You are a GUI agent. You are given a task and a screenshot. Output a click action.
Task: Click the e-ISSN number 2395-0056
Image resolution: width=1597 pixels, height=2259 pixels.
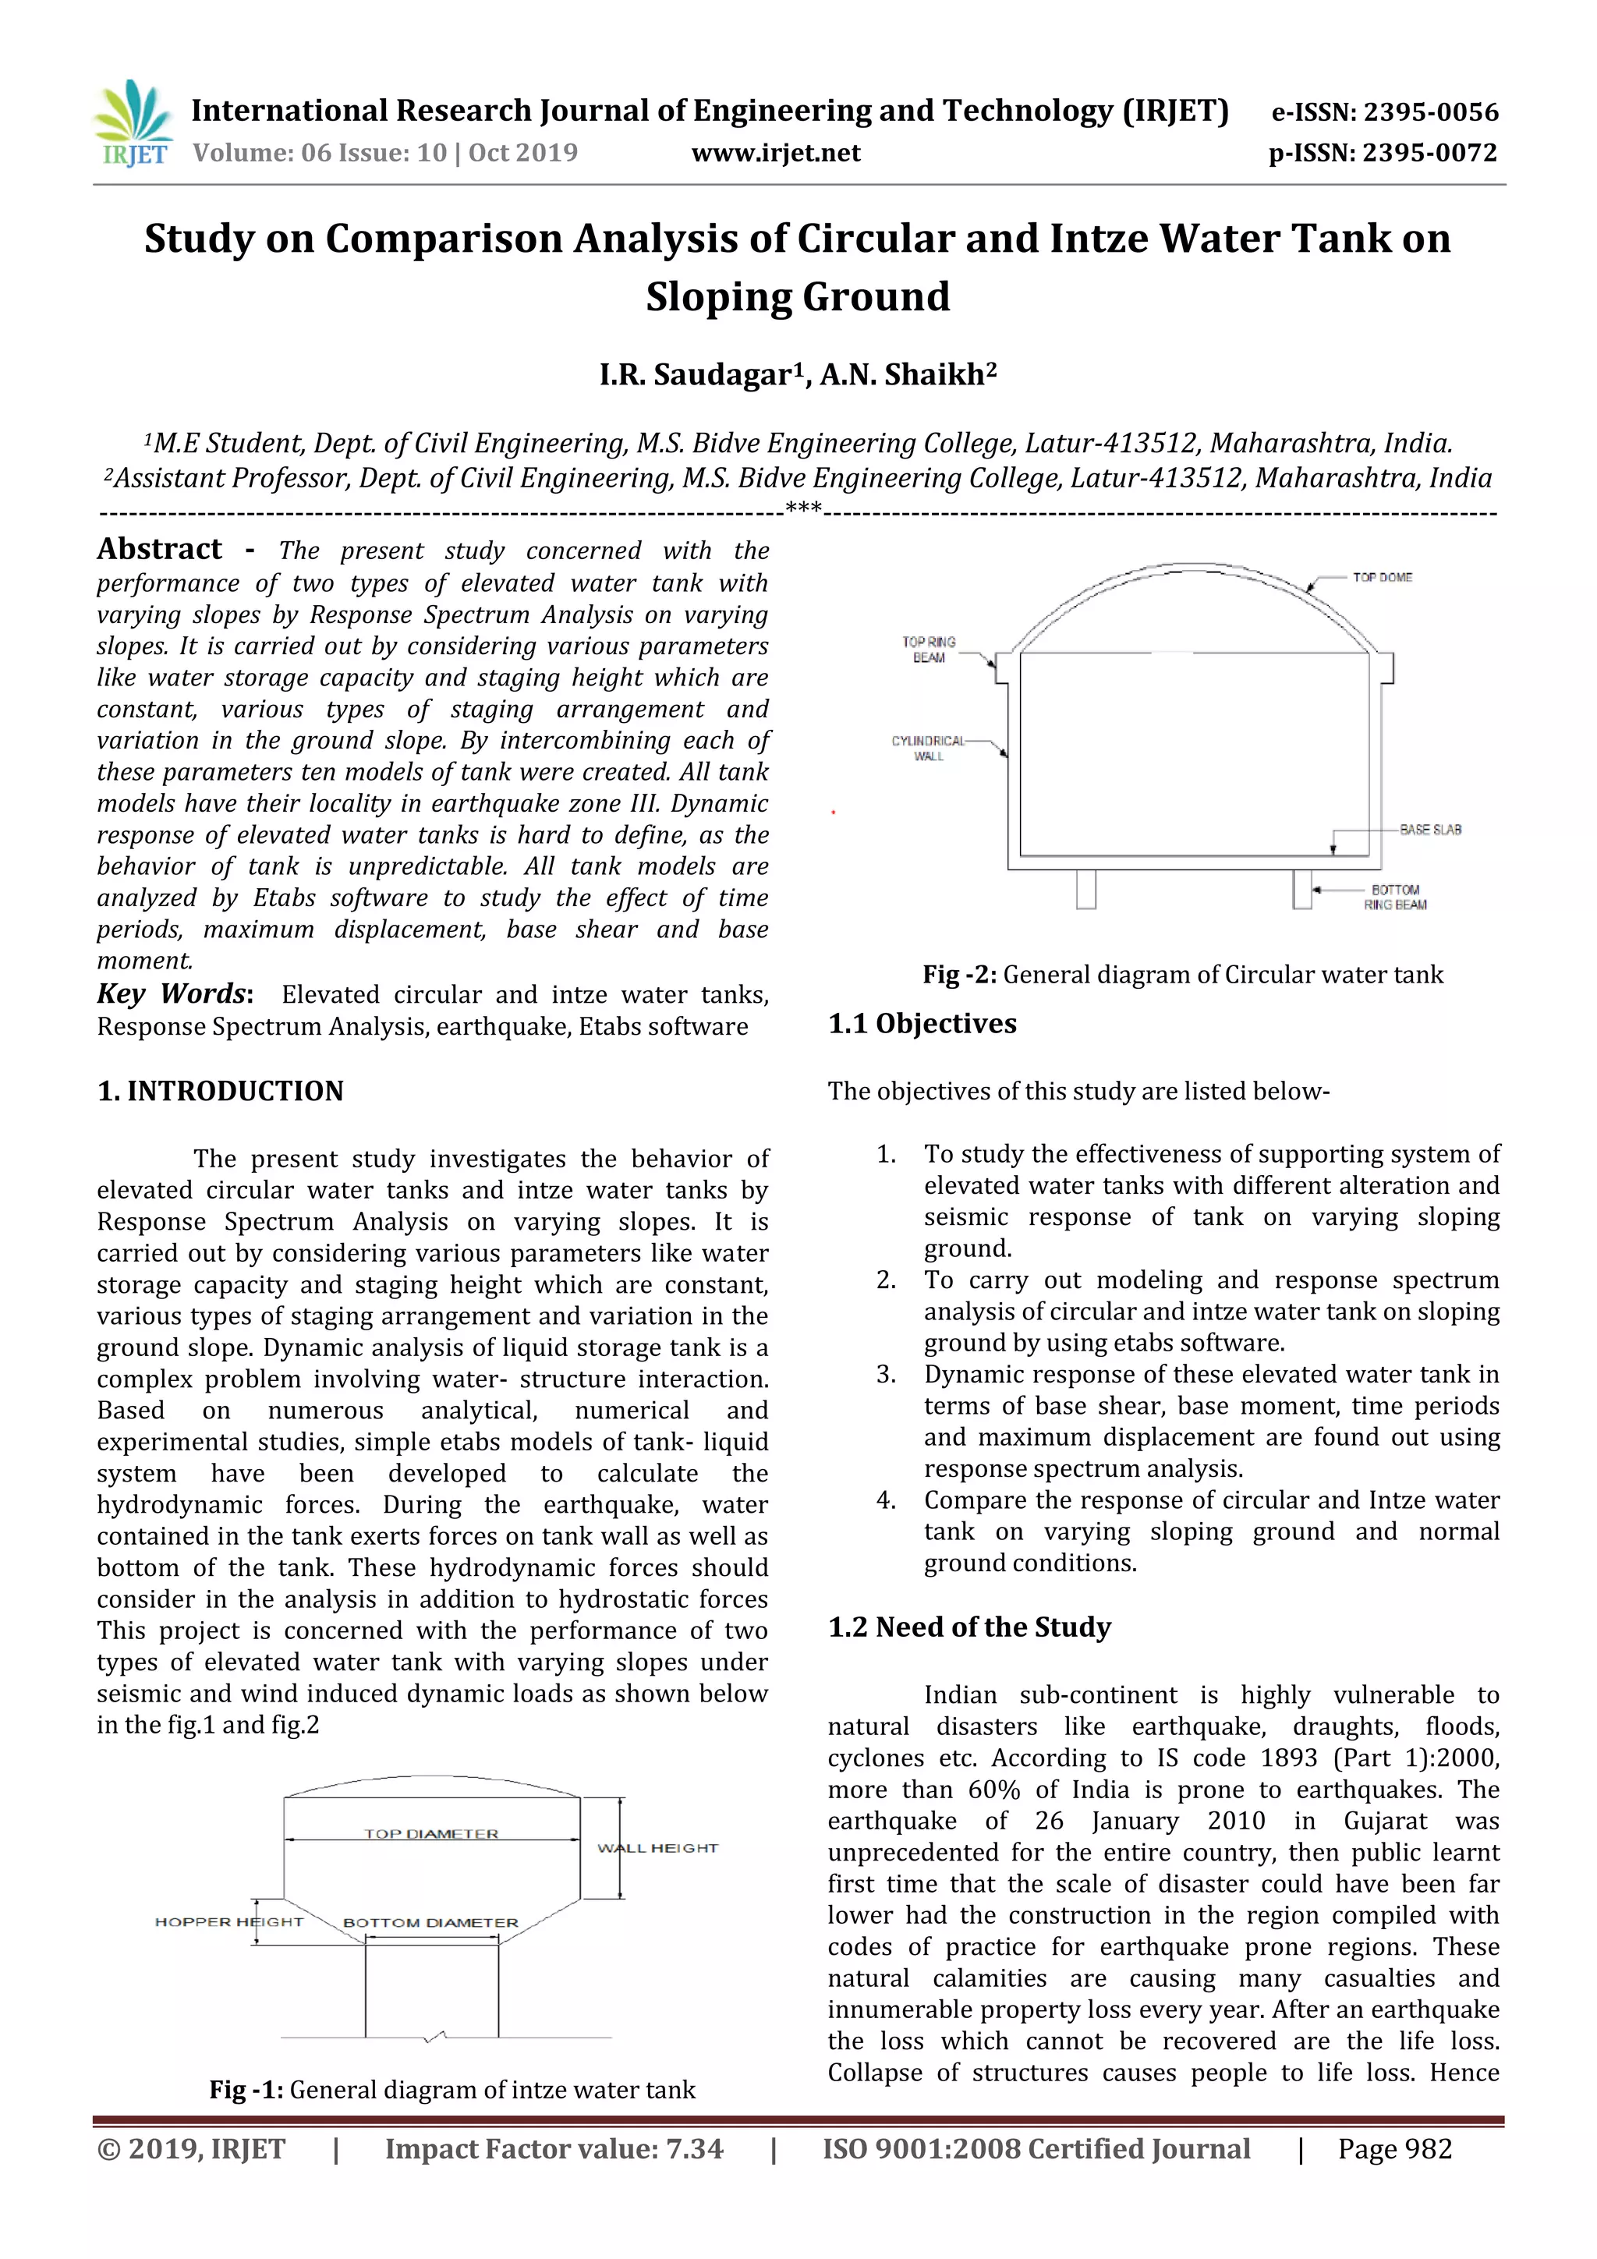coord(1432,112)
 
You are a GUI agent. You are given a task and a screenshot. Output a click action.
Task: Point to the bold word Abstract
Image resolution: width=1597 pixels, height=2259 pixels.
coord(159,549)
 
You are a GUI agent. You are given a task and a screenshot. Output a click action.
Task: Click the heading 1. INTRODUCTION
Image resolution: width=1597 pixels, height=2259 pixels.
coord(221,1091)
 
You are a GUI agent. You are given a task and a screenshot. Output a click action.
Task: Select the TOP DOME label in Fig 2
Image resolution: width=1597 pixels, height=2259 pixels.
coord(1382,578)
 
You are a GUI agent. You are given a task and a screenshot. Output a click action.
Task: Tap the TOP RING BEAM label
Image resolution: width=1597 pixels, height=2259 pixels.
coord(928,650)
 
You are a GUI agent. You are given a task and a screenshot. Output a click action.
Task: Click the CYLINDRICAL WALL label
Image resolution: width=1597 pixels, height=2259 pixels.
coord(928,748)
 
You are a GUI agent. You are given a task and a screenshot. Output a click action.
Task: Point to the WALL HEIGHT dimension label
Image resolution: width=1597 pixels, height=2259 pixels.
coord(657,1849)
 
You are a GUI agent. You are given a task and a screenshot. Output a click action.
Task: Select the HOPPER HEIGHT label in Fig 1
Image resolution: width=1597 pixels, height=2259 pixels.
coord(228,1921)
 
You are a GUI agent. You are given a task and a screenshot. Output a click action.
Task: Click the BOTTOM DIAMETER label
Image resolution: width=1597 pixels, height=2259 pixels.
coord(430,1922)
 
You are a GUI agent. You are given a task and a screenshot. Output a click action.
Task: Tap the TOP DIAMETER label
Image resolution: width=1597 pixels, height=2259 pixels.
coord(431,1834)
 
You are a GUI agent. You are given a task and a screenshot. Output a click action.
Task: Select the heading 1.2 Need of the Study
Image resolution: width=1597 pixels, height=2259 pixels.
coord(969,1627)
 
